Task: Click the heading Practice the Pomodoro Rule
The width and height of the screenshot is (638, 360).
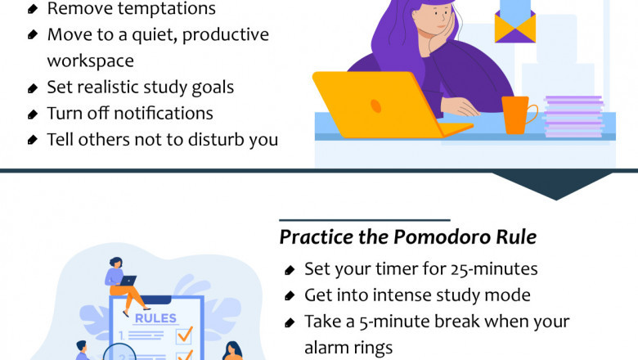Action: (x=407, y=237)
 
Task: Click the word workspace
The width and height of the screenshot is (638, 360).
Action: (x=90, y=61)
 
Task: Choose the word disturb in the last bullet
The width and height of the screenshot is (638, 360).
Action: (x=207, y=139)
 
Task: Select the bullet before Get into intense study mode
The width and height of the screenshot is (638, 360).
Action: (x=290, y=295)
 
